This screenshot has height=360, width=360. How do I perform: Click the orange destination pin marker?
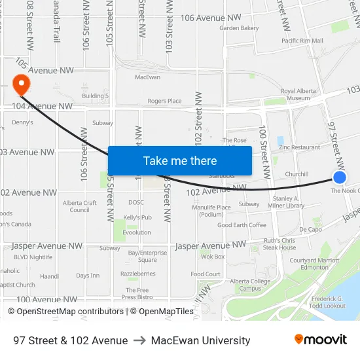21,84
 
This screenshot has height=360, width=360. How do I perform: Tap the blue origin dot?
339,177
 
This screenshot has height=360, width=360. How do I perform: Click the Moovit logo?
320,339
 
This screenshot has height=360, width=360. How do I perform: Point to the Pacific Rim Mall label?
302,41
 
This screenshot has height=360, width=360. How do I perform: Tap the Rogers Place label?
164,101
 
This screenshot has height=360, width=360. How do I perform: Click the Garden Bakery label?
239,28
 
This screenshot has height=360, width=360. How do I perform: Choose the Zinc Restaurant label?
299,147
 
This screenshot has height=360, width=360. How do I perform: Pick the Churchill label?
297,174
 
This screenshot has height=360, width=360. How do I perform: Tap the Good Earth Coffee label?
242,225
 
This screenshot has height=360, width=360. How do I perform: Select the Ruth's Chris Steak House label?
279,244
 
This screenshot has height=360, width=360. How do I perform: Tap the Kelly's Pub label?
137,217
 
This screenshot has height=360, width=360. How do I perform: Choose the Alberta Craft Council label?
80,206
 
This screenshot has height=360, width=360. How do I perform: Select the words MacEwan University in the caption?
200,340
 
